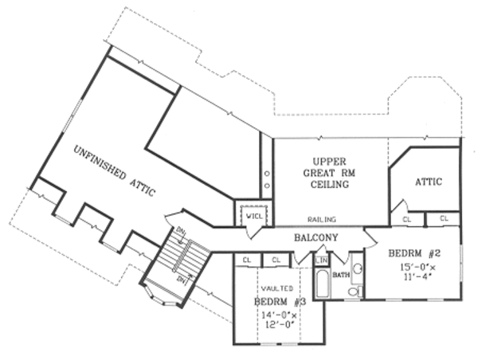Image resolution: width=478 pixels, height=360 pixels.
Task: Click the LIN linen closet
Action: pos(321,260)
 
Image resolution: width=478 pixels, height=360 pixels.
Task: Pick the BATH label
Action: pos(341,275)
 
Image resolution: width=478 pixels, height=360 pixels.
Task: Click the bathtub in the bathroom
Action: pos(322,284)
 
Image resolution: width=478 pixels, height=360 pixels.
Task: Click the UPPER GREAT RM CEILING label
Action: pos(330,172)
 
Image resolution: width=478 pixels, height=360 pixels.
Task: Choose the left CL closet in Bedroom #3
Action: pos(248,260)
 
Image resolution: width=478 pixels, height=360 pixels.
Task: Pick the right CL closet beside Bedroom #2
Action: pos(444,217)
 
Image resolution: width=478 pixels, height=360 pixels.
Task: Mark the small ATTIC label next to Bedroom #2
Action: pos(428,182)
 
